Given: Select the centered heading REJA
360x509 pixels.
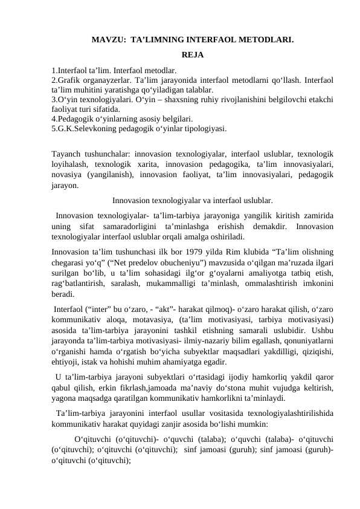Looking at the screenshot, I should click(192, 56).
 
